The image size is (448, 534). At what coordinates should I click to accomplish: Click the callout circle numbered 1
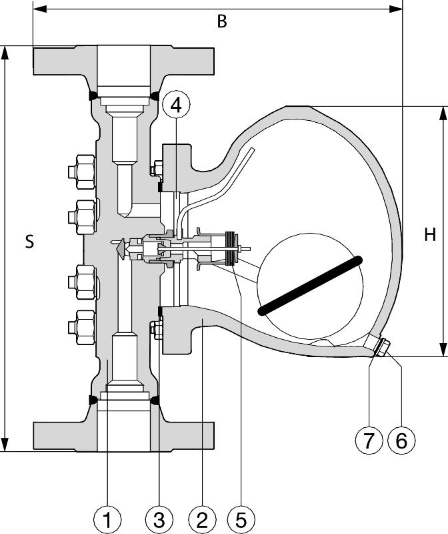107,520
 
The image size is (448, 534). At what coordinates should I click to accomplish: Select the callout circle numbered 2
202,520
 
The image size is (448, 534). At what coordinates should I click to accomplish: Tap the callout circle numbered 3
159,520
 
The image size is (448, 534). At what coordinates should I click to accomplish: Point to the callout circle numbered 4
176,105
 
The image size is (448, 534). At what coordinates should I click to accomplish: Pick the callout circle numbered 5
241,520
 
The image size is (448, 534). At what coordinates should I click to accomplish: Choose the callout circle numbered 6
402,441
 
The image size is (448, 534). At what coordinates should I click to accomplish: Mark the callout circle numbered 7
369,441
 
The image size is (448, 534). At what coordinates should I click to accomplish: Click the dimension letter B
222,21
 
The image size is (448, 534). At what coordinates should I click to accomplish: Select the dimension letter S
30,242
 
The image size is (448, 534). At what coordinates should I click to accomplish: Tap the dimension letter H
430,235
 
